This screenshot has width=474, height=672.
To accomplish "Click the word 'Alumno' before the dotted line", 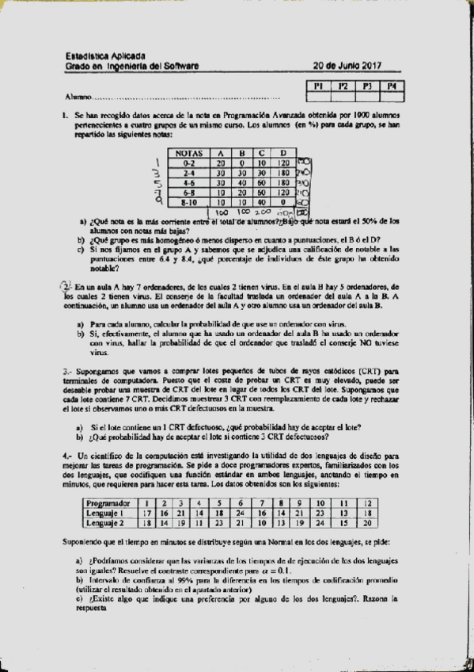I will [x=78, y=97].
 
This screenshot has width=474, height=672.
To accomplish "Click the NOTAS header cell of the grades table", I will [x=188, y=153].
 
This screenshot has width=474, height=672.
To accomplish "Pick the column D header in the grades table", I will [x=283, y=153].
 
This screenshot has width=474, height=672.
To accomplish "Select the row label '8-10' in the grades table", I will [x=188, y=201].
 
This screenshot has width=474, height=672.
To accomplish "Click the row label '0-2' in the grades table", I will [x=188, y=162].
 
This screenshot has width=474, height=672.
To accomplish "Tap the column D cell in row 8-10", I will [x=283, y=201].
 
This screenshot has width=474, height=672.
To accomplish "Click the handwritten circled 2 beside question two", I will [x=65, y=287].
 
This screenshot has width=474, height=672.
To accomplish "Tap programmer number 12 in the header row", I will [x=368, y=503].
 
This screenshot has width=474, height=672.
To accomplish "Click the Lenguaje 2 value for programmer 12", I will [x=368, y=523].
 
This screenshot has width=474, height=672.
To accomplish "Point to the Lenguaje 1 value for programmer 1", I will [x=146, y=513].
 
